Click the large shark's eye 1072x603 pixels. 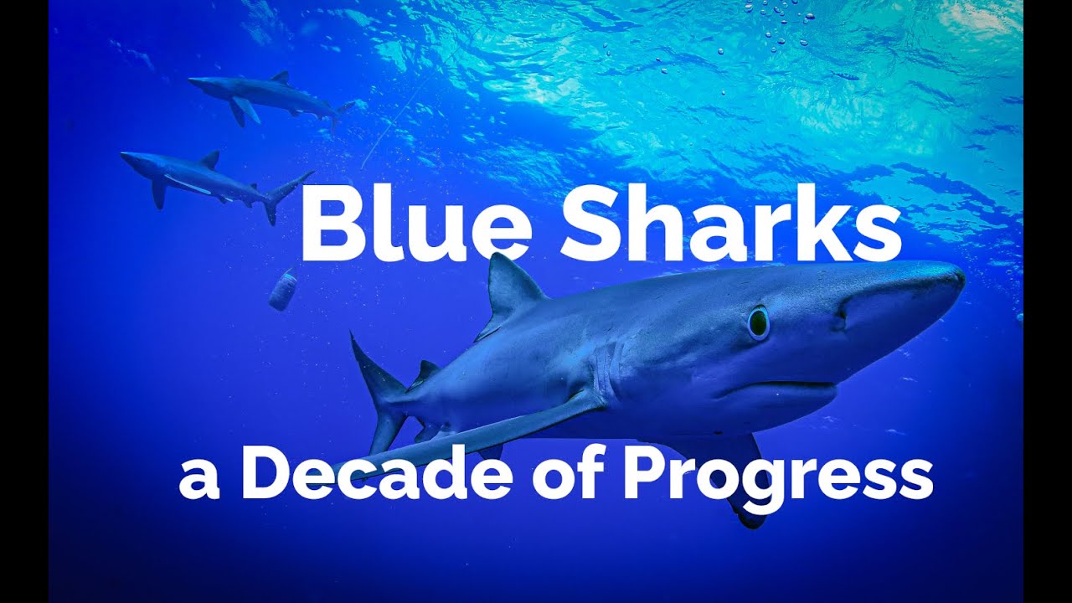[758, 322]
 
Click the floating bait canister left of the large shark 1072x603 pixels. [283, 288]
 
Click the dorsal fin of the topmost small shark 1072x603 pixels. [281, 77]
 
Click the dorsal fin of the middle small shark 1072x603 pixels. [210, 159]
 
